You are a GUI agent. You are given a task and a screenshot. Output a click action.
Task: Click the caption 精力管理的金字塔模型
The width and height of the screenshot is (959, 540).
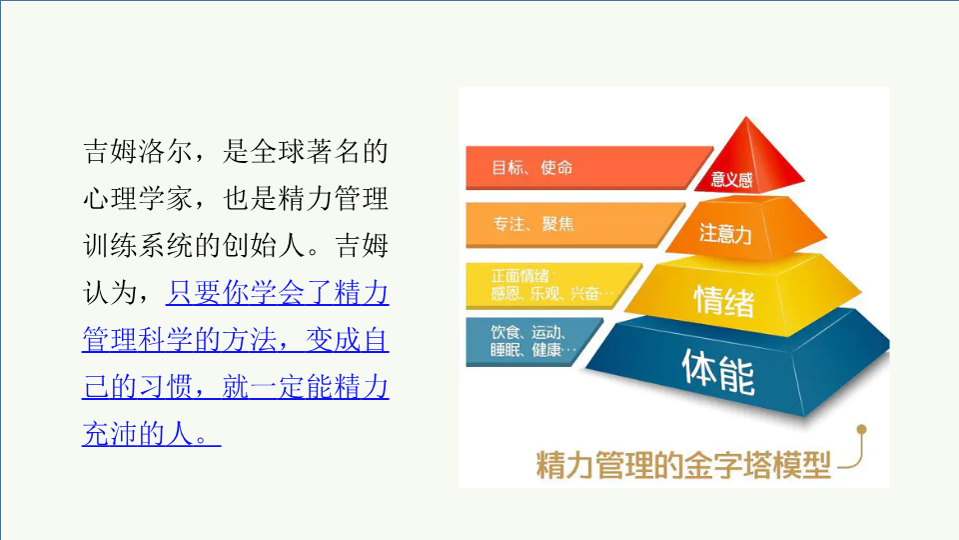(683, 465)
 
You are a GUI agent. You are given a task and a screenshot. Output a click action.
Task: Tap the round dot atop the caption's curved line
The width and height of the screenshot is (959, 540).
(862, 430)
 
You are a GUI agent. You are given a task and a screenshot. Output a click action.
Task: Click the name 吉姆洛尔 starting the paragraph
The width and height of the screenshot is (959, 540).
(138, 151)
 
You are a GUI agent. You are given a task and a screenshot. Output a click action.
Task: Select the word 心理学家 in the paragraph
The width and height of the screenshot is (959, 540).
(138, 198)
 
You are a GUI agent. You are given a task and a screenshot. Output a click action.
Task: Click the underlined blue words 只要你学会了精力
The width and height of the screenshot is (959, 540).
(277, 293)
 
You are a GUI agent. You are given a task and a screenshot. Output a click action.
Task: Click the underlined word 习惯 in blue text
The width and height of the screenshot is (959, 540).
(166, 387)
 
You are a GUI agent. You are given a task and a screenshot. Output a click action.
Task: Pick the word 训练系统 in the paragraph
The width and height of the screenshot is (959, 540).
(138, 246)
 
